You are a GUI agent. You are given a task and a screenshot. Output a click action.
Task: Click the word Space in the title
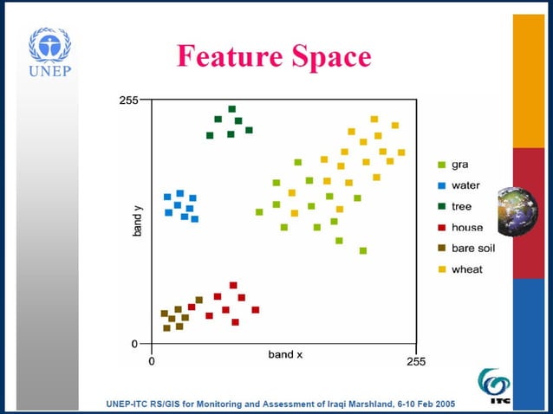(329, 56)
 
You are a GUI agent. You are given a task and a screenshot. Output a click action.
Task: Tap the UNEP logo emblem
(49, 44)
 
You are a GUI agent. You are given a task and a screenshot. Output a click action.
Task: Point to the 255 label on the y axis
(128, 100)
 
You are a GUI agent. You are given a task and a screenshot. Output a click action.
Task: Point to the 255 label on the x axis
(416, 361)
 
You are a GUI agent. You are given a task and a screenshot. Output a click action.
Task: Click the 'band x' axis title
(285, 355)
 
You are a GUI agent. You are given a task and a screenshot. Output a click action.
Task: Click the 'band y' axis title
(137, 222)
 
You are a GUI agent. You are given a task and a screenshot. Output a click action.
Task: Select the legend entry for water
(465, 185)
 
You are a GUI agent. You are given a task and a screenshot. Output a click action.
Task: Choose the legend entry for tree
(461, 206)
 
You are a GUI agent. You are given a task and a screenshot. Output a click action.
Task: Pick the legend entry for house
(466, 227)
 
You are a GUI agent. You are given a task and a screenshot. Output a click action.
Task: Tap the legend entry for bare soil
(472, 248)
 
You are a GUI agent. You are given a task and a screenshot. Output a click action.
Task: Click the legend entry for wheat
(466, 269)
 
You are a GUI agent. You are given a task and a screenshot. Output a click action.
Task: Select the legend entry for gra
(459, 165)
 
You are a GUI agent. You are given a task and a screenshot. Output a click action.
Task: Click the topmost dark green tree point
(231, 109)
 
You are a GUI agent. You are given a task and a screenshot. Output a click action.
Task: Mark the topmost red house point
(233, 285)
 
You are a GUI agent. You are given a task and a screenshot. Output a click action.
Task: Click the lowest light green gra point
(363, 250)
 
